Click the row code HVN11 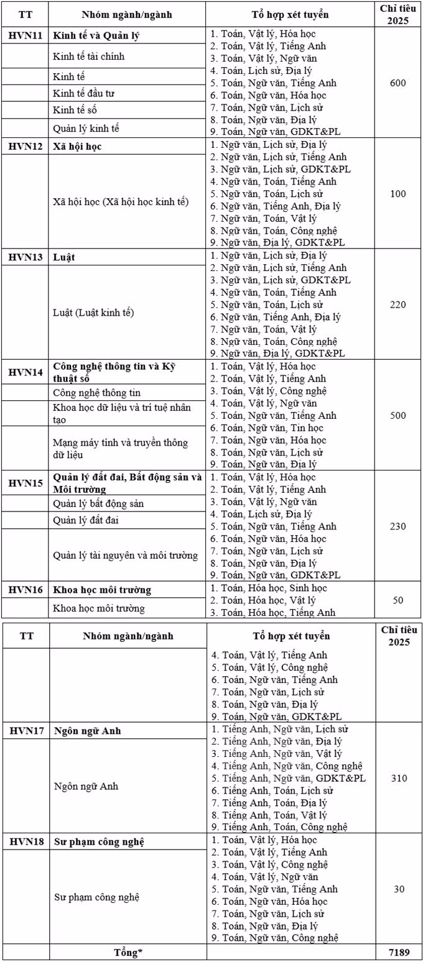(26, 35)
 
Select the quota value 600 (398, 83)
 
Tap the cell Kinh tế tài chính (89, 57)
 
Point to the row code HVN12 (26, 146)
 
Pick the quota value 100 (398, 194)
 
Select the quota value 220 (398, 305)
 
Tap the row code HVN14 (26, 372)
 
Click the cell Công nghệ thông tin (97, 392)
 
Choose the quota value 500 (398, 415)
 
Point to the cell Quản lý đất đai (86, 520)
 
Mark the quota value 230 (398, 526)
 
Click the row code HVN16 (26, 589)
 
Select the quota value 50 (398, 600)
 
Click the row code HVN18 (26, 841)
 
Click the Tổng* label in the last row (128, 952)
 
